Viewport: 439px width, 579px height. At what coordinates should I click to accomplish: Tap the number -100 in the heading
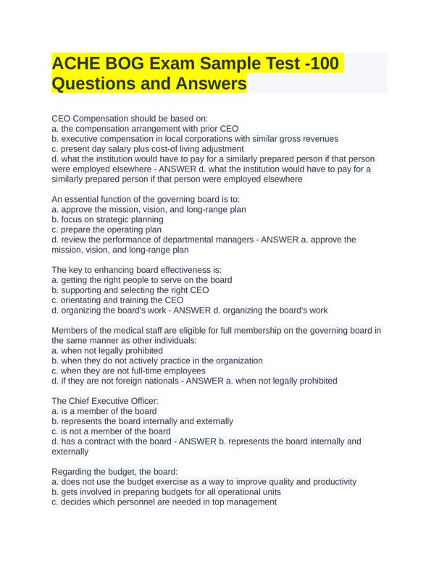[313, 64]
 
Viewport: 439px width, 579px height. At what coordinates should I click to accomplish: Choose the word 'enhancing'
[111, 270]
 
